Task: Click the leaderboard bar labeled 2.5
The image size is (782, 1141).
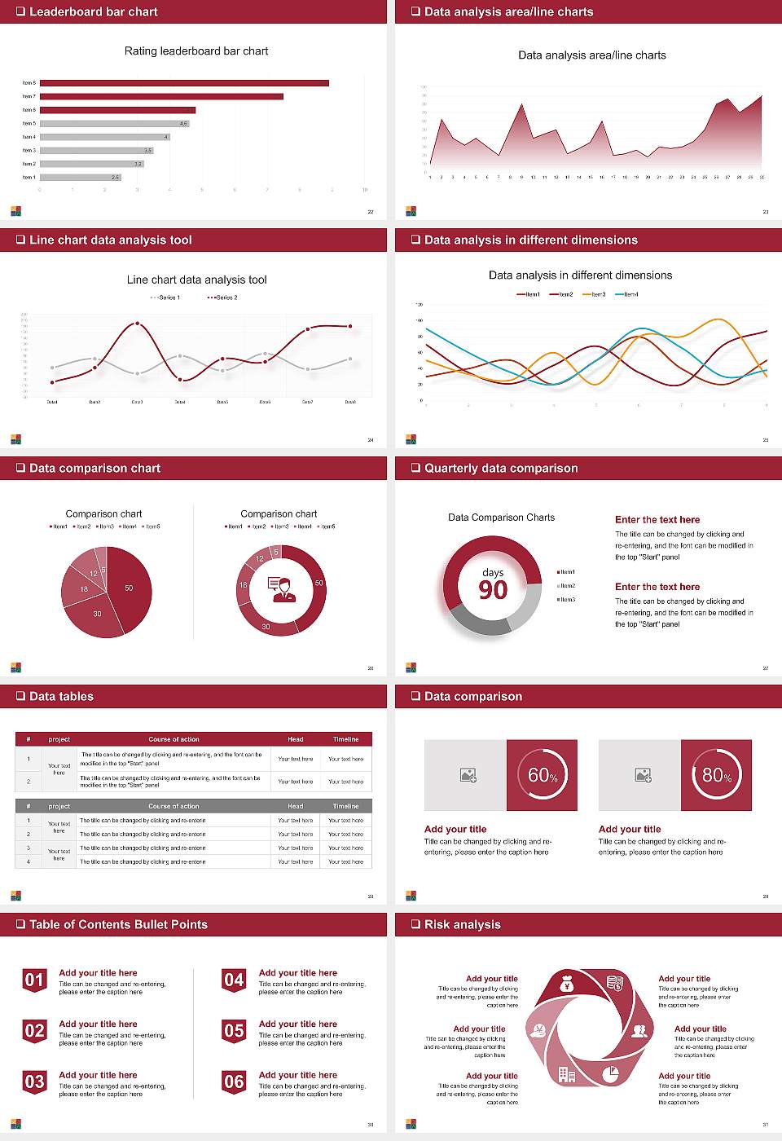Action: (x=80, y=177)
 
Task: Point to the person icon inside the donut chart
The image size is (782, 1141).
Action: (x=282, y=588)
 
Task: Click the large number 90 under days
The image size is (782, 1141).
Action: (x=493, y=590)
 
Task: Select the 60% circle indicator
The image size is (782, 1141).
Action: (x=543, y=775)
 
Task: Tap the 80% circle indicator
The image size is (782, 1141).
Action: (x=717, y=775)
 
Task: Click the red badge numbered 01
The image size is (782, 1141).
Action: (x=34, y=980)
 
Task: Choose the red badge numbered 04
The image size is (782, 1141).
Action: (x=234, y=980)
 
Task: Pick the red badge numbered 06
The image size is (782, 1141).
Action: (x=234, y=1082)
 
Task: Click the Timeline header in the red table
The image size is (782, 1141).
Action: (x=345, y=739)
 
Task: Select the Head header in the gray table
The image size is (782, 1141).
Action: (x=295, y=806)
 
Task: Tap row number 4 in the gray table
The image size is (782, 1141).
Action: (x=29, y=861)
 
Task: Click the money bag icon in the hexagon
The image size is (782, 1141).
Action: (x=568, y=985)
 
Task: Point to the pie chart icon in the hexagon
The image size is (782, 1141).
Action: (x=610, y=1074)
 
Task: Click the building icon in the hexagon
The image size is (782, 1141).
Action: (x=567, y=1075)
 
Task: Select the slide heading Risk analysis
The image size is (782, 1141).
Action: (x=462, y=924)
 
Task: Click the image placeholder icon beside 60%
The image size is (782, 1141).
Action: (x=468, y=775)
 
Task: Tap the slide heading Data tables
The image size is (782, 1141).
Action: (x=61, y=696)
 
